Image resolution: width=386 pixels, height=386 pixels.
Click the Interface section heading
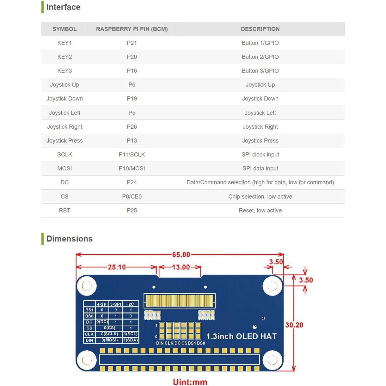click(63, 7)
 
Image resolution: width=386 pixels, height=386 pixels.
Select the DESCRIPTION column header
click(260, 29)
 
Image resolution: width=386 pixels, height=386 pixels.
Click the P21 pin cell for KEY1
click(132, 43)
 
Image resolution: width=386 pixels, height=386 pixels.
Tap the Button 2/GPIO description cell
click(260, 57)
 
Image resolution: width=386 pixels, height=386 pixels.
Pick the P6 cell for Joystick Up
click(132, 85)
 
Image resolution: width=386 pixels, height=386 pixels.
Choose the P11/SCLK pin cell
click(132, 155)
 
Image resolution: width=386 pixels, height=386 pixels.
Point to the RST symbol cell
click(64, 211)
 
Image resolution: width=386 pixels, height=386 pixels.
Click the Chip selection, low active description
click(260, 197)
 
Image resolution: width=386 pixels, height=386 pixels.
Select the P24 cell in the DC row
click(132, 182)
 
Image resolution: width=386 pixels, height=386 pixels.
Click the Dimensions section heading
click(69, 239)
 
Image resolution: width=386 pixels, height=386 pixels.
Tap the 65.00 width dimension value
click(181, 255)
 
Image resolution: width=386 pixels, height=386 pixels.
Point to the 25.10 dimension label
click(117, 267)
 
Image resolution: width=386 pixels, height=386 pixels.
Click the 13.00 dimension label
click(181, 267)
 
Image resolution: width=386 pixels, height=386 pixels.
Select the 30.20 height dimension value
click(294, 325)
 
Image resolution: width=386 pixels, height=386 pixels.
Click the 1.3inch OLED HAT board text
click(242, 336)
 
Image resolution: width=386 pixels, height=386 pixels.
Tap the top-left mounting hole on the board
click(87, 286)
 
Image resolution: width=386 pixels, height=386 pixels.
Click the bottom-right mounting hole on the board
click(272, 360)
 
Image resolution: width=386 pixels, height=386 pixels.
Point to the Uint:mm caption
click(190, 382)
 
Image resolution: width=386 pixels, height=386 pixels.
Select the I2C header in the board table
click(131, 304)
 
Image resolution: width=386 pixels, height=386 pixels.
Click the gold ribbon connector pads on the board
click(180, 300)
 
